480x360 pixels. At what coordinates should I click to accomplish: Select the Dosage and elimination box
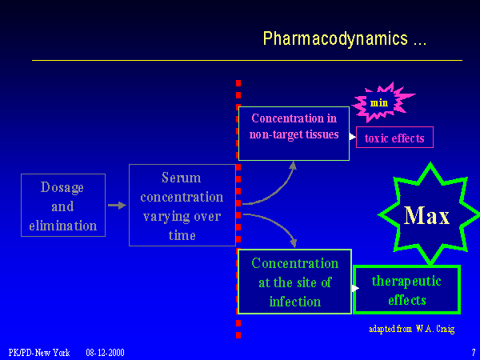pyautogui.click(x=63, y=205)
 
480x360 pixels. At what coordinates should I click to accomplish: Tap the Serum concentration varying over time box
pyautogui.click(x=182, y=206)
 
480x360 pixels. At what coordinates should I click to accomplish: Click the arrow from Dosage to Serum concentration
pyautogui.click(x=117, y=206)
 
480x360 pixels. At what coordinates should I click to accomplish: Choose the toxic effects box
pyautogui.click(x=394, y=138)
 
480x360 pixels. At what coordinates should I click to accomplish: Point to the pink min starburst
pyautogui.click(x=379, y=102)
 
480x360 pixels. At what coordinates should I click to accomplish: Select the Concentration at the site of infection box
pyautogui.click(x=294, y=282)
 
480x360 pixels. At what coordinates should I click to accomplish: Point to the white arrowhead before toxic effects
pyautogui.click(x=353, y=137)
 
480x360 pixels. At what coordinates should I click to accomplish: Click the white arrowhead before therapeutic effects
pyautogui.click(x=355, y=288)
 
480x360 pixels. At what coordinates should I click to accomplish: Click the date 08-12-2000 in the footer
pyautogui.click(x=105, y=352)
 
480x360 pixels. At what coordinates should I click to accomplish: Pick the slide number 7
pyautogui.click(x=473, y=352)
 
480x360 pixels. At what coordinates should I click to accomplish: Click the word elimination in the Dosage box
pyautogui.click(x=63, y=225)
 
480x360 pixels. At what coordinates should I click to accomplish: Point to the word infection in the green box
pyautogui.click(x=294, y=302)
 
